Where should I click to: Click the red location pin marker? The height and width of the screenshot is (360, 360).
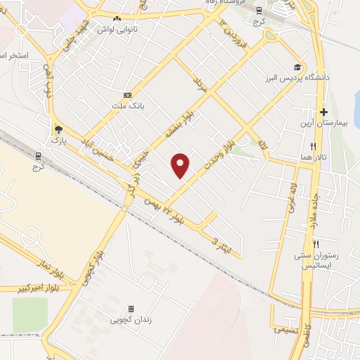[x=181, y=165]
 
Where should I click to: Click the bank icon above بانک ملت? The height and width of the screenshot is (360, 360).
[x=127, y=95]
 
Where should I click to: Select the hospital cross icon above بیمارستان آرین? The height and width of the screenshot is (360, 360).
[x=323, y=112]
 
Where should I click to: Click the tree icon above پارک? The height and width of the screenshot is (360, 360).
[x=58, y=129]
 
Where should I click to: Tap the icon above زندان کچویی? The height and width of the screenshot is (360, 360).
[x=131, y=309]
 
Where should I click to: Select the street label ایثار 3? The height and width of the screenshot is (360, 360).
[x=226, y=245]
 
